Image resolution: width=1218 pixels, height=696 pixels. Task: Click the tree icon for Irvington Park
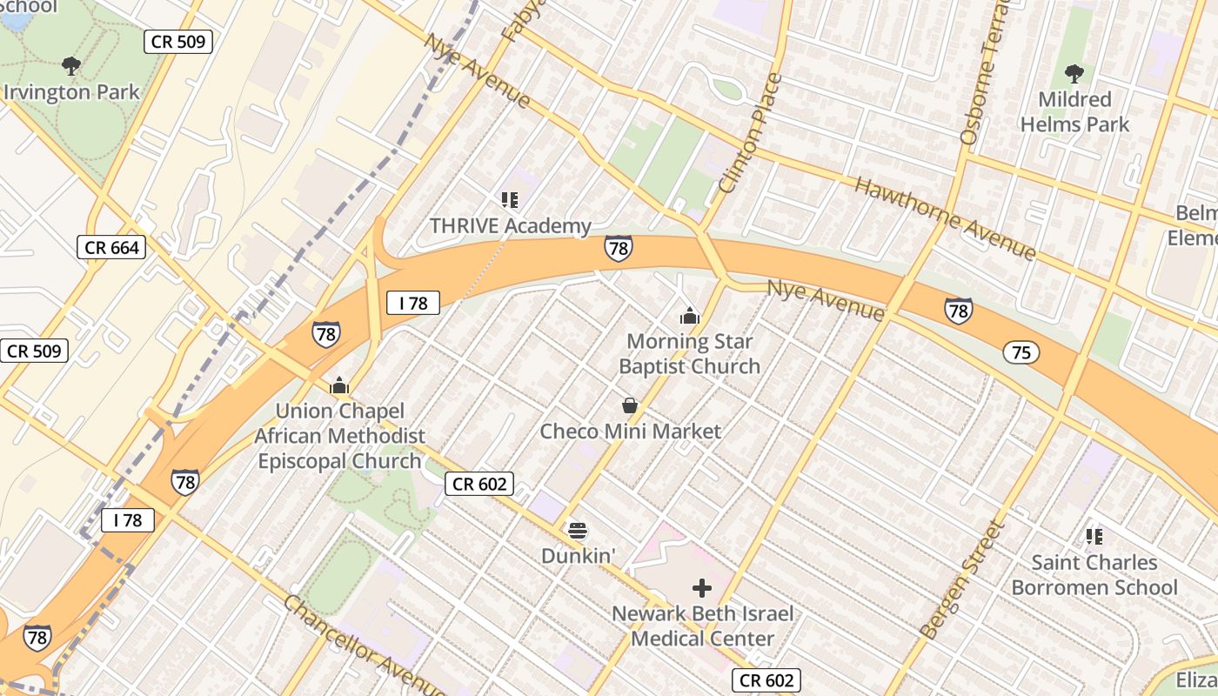click(71, 65)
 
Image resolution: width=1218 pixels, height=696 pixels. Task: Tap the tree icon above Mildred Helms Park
click(1074, 73)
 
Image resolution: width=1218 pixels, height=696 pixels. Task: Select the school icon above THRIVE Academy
click(510, 200)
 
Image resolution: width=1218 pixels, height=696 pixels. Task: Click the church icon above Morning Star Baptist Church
click(690, 315)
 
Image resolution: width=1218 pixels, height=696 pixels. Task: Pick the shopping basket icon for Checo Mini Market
click(630, 405)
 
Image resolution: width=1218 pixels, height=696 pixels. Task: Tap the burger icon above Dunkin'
click(577, 530)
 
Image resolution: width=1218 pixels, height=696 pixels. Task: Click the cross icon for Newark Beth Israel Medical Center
click(702, 588)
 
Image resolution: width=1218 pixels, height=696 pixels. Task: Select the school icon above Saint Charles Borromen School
click(1094, 536)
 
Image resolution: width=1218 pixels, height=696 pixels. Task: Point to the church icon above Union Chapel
click(339, 385)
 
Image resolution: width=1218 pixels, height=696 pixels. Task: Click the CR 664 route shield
click(111, 247)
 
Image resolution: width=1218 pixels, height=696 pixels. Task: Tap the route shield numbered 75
click(1021, 351)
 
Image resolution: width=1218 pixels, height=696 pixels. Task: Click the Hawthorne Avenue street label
click(946, 218)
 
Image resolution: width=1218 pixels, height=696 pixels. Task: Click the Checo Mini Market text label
click(630, 432)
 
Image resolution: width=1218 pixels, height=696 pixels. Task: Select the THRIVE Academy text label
click(510, 226)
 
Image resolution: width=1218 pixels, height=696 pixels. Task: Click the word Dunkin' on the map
click(572, 555)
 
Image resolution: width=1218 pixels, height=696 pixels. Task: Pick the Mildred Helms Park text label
click(1074, 112)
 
